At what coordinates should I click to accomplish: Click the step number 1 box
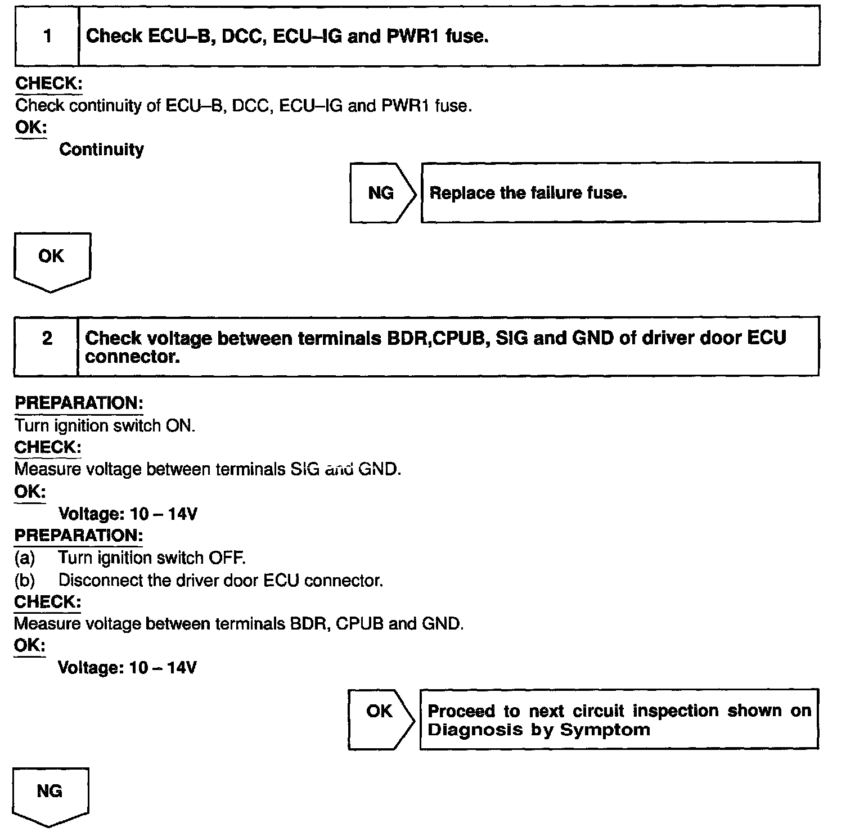47,37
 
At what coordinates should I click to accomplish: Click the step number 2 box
47,339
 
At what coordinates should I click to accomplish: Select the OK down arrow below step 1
51,260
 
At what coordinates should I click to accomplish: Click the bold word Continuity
101,150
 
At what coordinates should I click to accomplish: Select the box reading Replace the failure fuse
619,193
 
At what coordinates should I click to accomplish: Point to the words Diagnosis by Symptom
538,730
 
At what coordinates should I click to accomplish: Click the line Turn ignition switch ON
105,425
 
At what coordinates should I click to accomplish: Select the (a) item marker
25,558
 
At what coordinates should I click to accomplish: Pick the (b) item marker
25,580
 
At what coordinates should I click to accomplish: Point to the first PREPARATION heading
79,403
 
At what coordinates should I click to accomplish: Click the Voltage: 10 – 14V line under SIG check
128,514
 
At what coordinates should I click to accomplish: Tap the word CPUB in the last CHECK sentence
359,624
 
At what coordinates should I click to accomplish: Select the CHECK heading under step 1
48,83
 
